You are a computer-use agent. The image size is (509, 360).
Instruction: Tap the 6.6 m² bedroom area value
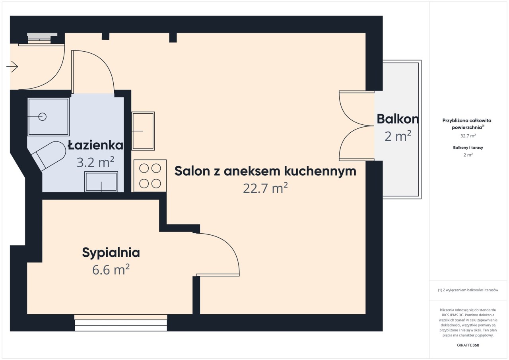(111, 270)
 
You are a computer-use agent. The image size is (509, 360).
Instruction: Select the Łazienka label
(96, 145)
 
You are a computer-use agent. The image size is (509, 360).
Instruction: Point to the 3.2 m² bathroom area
(95, 162)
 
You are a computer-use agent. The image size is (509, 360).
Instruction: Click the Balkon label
(398, 119)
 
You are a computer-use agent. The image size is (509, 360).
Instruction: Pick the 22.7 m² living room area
(265, 188)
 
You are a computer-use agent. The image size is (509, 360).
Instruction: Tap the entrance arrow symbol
(12, 67)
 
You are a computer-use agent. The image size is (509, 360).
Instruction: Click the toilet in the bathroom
(49, 155)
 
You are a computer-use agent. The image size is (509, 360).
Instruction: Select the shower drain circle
(43, 117)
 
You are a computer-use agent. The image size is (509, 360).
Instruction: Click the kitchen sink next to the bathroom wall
(143, 131)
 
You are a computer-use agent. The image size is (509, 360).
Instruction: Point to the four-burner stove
(150, 176)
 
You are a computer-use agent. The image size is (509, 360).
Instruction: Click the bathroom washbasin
(101, 182)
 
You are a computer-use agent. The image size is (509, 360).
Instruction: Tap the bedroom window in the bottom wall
(121, 323)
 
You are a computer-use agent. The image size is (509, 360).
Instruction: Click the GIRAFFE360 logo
(468, 345)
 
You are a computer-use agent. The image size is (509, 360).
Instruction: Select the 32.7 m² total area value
(468, 136)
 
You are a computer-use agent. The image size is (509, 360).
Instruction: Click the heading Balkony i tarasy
(468, 147)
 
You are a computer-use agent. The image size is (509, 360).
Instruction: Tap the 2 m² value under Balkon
(398, 136)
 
